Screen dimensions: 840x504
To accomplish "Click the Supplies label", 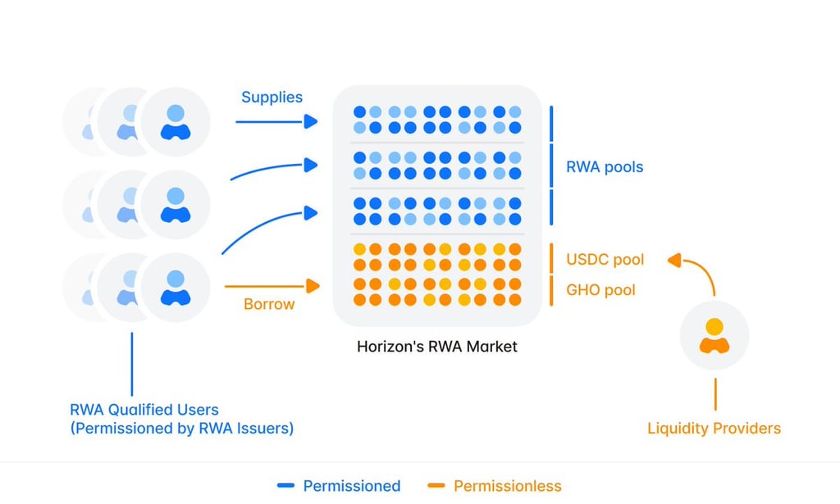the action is [272, 98].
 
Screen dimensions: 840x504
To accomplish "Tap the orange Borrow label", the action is [269, 304].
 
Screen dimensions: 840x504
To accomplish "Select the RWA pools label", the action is [605, 167].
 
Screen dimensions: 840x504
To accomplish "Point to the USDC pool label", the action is [605, 260].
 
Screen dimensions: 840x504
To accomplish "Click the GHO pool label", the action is [600, 290].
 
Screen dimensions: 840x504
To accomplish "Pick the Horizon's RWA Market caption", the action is [436, 347].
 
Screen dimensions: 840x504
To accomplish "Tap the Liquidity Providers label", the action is [714, 428].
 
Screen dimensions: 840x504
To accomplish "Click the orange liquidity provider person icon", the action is [714, 335].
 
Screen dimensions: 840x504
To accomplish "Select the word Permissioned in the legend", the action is [351, 486].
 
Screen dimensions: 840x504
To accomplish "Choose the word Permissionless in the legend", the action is [507, 486].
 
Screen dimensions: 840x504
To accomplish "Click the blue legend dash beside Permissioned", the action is [285, 486].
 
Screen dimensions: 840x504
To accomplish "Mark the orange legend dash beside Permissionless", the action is [436, 486].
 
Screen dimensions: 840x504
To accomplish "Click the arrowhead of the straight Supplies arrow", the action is [311, 121].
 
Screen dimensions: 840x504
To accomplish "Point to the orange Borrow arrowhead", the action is [313, 286].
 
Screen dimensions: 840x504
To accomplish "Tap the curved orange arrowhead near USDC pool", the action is [674, 260].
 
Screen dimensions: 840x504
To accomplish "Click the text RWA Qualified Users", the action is [144, 410].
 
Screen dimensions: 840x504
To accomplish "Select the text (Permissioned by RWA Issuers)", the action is [181, 429].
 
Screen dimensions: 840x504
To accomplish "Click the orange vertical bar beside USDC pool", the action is [551, 258].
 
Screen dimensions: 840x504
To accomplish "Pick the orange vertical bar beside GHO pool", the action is [551, 291].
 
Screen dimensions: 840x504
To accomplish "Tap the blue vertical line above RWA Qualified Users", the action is [132, 364].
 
